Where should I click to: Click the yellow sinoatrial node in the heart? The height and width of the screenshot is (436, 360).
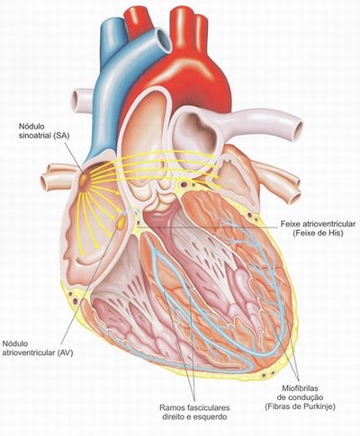click(84, 180)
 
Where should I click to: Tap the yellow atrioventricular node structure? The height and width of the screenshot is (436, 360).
click(121, 223)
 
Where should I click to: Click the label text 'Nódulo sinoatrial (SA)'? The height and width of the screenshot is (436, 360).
click(44, 130)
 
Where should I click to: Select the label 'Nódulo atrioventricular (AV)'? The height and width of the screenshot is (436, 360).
click(38, 348)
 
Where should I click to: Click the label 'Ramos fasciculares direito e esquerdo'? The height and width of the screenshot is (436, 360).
click(194, 412)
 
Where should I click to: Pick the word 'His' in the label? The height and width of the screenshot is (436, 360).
click(336, 233)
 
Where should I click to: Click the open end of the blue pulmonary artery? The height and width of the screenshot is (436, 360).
click(164, 40)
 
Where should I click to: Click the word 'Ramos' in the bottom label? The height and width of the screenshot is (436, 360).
click(171, 407)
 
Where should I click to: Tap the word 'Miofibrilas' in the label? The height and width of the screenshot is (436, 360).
click(300, 388)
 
